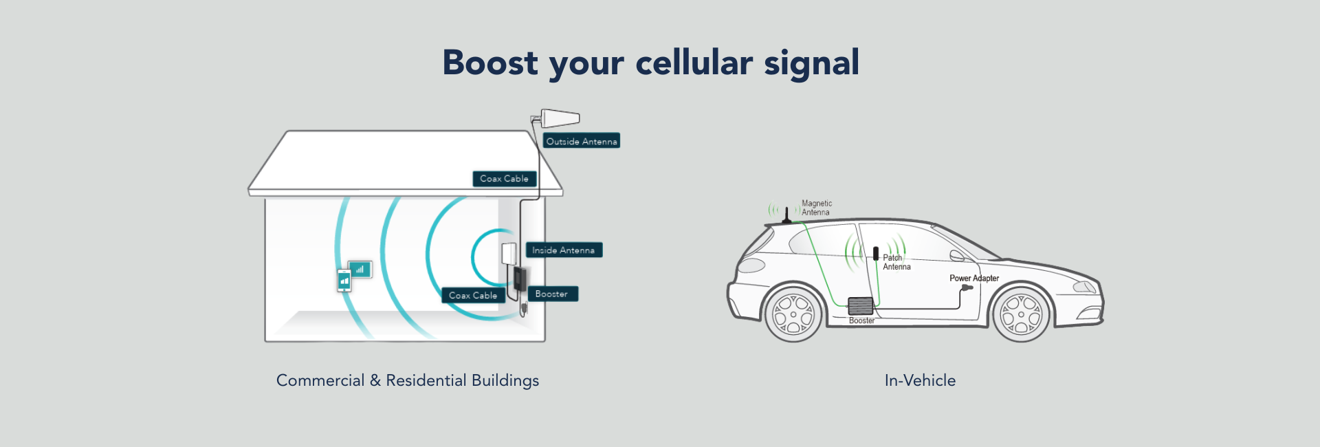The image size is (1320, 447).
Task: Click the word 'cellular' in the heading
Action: click(694, 63)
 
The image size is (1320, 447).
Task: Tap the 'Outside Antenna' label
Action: click(582, 141)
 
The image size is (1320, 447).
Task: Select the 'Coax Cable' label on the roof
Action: click(504, 179)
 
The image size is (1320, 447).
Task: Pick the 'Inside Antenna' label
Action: click(564, 250)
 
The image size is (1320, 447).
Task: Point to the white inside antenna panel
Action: click(509, 253)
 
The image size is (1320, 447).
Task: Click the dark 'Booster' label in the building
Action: click(552, 294)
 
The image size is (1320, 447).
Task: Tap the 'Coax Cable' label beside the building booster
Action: click(473, 295)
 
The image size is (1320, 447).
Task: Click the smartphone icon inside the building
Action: click(344, 281)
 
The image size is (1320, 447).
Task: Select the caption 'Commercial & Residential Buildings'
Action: click(408, 380)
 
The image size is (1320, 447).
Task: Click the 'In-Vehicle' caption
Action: click(920, 380)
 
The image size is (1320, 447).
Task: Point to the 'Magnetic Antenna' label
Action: click(816, 208)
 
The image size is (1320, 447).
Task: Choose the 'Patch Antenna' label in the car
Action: click(896, 262)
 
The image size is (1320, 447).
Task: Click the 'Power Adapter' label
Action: click(974, 278)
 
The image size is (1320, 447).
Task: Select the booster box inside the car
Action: click(860, 305)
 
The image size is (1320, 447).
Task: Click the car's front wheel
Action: click(1021, 314)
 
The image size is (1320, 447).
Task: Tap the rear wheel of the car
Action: click(793, 314)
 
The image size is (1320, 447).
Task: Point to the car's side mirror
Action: click(957, 256)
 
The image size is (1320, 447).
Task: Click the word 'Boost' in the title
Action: click(489, 63)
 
